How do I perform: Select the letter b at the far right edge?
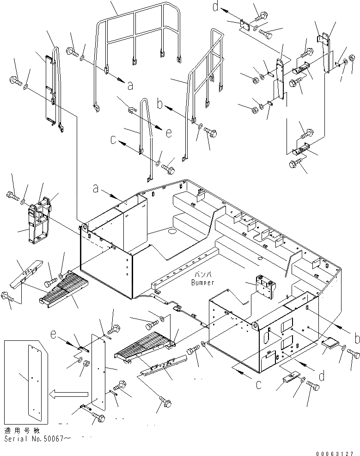[x=356, y=339]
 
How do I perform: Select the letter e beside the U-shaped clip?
[x=168, y=134]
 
